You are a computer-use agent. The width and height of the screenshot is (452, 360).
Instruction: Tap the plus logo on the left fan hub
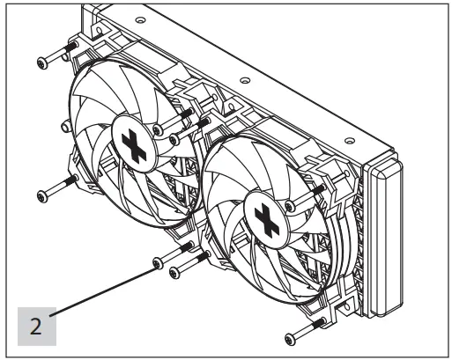point(134,146)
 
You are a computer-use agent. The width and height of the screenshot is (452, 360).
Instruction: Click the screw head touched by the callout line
point(157,262)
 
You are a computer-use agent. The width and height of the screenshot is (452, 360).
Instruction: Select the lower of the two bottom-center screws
point(174,271)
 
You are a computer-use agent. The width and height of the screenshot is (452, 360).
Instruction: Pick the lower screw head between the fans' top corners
point(174,139)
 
